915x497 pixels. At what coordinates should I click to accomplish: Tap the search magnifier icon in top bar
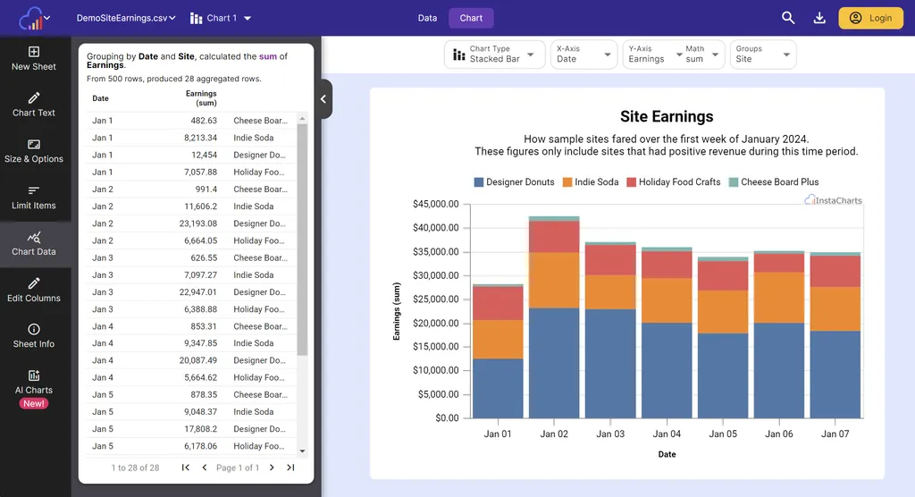click(788, 18)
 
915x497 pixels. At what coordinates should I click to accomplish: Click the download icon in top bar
click(819, 18)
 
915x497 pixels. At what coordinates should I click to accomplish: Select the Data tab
click(427, 18)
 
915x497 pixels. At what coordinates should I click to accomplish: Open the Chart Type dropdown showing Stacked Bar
click(494, 55)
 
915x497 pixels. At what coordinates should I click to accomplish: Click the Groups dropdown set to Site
click(762, 55)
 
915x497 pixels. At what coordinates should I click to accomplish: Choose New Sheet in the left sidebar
click(34, 58)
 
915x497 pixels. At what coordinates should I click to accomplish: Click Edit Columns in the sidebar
click(34, 290)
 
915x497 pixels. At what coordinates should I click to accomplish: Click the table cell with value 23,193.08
click(197, 223)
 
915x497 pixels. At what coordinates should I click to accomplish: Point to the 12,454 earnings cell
click(204, 155)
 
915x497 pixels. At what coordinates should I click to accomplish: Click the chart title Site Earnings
click(667, 116)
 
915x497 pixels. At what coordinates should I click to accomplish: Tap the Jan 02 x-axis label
click(554, 434)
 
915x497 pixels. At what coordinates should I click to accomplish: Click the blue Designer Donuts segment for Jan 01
click(498, 389)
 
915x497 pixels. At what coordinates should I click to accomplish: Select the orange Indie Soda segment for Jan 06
click(778, 298)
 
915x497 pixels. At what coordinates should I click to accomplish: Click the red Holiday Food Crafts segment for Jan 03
click(610, 259)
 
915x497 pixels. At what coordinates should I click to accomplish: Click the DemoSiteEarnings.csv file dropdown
click(126, 18)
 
